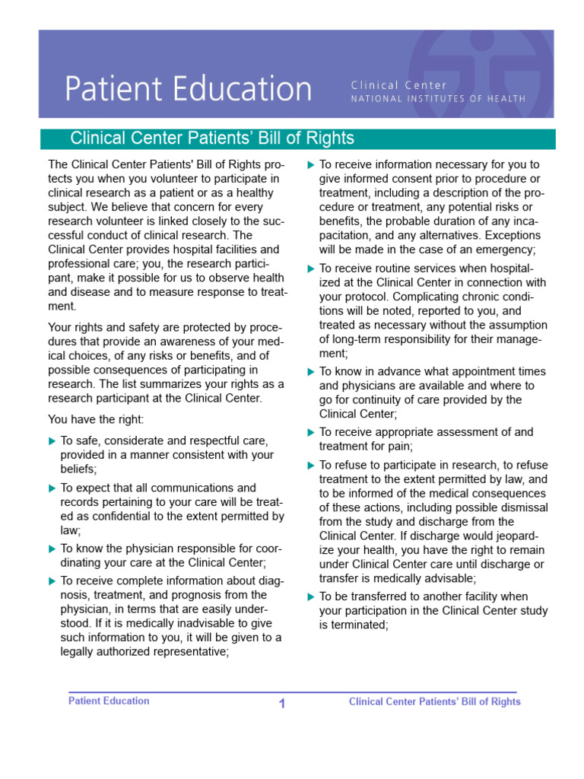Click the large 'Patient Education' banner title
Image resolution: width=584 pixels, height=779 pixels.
(188, 89)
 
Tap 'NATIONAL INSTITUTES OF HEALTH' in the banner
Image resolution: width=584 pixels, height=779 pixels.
(437, 99)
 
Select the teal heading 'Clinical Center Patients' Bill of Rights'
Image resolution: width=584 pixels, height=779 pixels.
(212, 138)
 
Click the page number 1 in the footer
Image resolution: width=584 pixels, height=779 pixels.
(282, 704)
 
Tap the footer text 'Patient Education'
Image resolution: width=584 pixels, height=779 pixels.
(109, 701)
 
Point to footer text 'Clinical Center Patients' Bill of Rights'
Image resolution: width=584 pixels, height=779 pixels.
(434, 701)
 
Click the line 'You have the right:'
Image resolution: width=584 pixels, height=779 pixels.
(96, 418)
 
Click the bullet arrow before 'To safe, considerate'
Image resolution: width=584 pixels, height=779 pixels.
(52, 441)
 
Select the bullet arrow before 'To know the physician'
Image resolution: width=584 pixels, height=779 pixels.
(52, 548)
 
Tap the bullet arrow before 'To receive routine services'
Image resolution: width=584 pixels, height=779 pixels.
(310, 269)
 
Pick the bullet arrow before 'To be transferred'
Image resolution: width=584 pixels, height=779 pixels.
(310, 596)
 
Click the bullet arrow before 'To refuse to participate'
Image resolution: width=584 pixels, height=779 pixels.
(310, 465)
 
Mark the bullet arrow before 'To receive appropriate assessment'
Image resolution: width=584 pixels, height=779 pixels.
(310, 432)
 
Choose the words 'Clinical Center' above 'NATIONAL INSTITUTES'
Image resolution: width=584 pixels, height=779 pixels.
(399, 85)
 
